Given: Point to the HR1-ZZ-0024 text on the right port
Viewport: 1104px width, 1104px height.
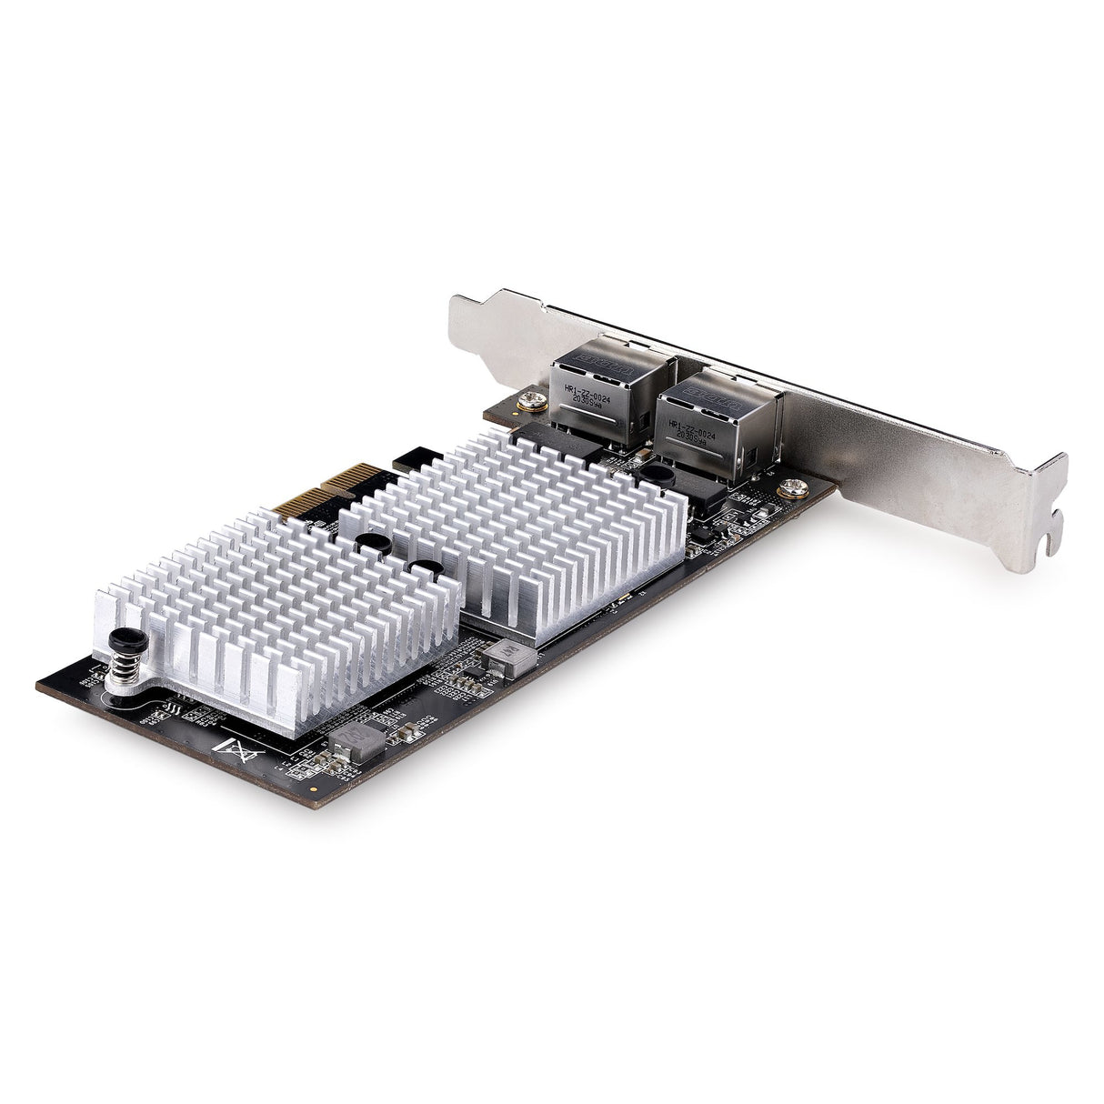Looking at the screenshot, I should [x=698, y=425].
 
